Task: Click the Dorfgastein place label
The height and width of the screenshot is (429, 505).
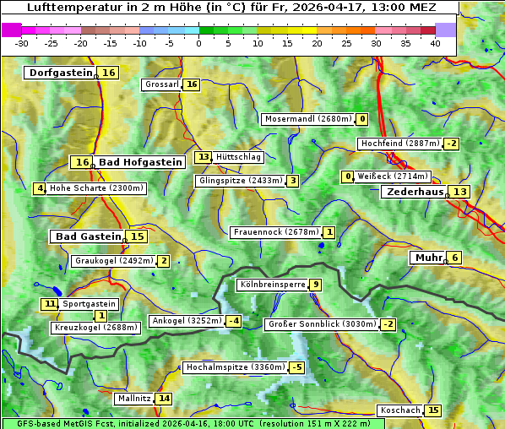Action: (x=60, y=73)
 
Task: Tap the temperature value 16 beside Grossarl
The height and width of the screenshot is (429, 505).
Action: (x=192, y=84)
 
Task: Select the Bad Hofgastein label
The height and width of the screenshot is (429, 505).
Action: (x=139, y=162)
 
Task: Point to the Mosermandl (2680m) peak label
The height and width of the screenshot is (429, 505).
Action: (x=308, y=119)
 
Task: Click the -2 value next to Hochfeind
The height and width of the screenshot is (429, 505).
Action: (x=452, y=144)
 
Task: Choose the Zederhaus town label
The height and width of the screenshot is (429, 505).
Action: (x=414, y=192)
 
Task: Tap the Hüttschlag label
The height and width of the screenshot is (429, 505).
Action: (x=239, y=157)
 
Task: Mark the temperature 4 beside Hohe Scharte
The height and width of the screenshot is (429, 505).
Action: (x=39, y=188)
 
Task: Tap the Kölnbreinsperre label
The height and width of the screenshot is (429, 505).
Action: (x=271, y=285)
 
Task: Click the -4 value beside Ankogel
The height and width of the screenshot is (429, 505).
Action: (x=233, y=321)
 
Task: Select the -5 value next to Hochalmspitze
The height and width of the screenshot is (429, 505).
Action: (x=296, y=368)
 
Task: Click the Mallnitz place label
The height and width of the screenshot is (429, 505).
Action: (x=133, y=399)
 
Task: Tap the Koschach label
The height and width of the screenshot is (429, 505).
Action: (x=399, y=410)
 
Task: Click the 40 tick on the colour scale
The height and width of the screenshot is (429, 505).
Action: (x=435, y=43)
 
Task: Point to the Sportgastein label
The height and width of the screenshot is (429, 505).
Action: (x=90, y=304)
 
